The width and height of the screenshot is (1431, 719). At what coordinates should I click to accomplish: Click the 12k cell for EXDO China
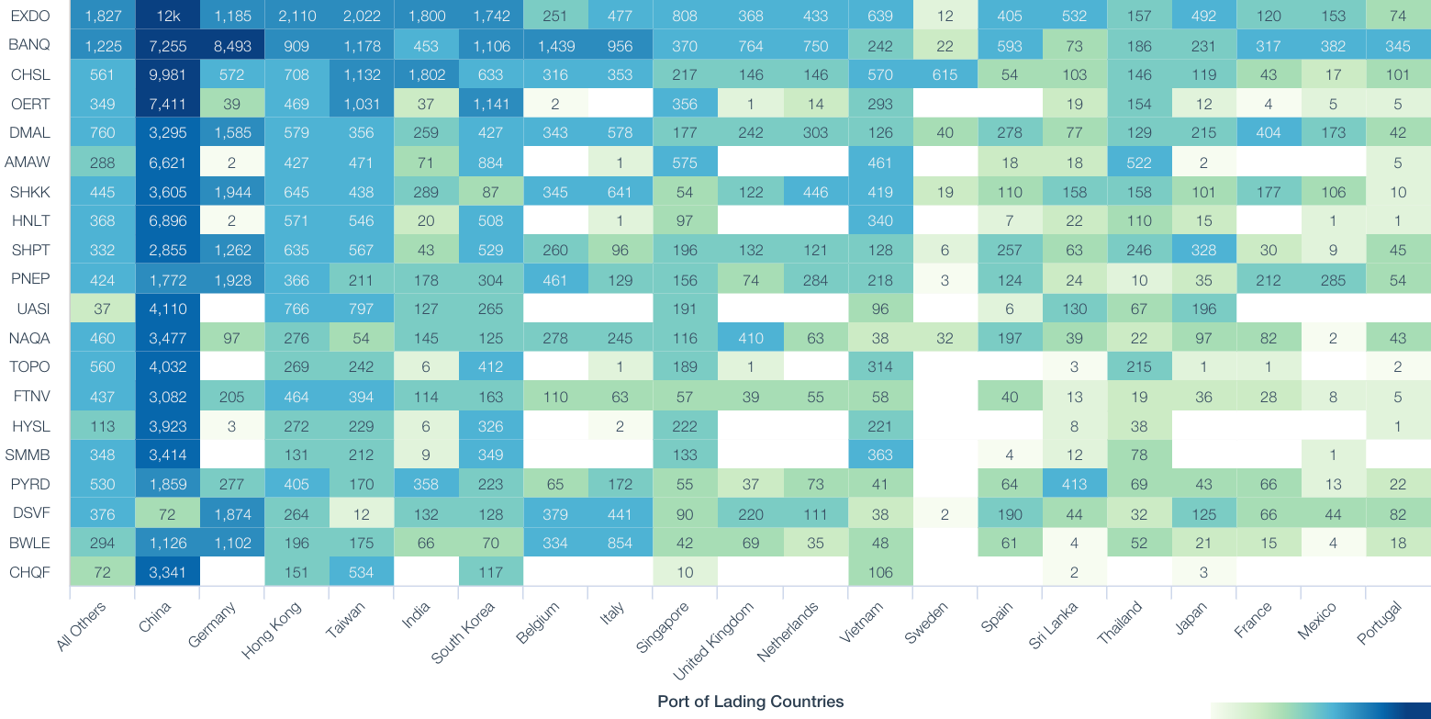(x=167, y=16)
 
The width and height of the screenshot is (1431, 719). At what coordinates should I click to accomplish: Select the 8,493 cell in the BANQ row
(x=232, y=45)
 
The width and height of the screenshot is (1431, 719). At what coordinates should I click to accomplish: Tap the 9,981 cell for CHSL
(x=167, y=74)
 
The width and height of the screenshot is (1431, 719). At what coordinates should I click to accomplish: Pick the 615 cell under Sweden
(x=945, y=74)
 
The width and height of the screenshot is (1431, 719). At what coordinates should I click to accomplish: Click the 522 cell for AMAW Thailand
(x=1139, y=163)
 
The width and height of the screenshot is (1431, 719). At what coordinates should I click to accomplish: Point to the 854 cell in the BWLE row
(x=620, y=543)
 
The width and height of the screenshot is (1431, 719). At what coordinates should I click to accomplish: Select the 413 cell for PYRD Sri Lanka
(x=1074, y=484)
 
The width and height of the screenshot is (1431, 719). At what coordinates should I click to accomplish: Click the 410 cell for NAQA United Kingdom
(x=750, y=338)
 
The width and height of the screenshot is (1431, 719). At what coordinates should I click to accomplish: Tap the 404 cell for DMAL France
(x=1269, y=133)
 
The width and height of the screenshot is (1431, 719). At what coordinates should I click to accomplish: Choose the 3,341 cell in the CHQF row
(x=167, y=572)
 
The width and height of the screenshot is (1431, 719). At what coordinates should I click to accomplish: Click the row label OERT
(x=28, y=104)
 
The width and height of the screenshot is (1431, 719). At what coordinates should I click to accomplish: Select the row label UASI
(x=28, y=309)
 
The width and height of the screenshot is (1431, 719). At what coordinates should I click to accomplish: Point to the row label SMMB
(x=28, y=455)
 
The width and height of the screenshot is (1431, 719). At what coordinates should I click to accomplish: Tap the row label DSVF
(x=28, y=513)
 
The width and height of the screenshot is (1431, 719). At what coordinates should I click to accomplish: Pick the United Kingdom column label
(x=715, y=642)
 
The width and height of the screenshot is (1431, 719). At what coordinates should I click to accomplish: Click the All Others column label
(x=83, y=626)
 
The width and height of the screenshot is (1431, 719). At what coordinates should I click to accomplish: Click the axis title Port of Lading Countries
(x=750, y=702)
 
